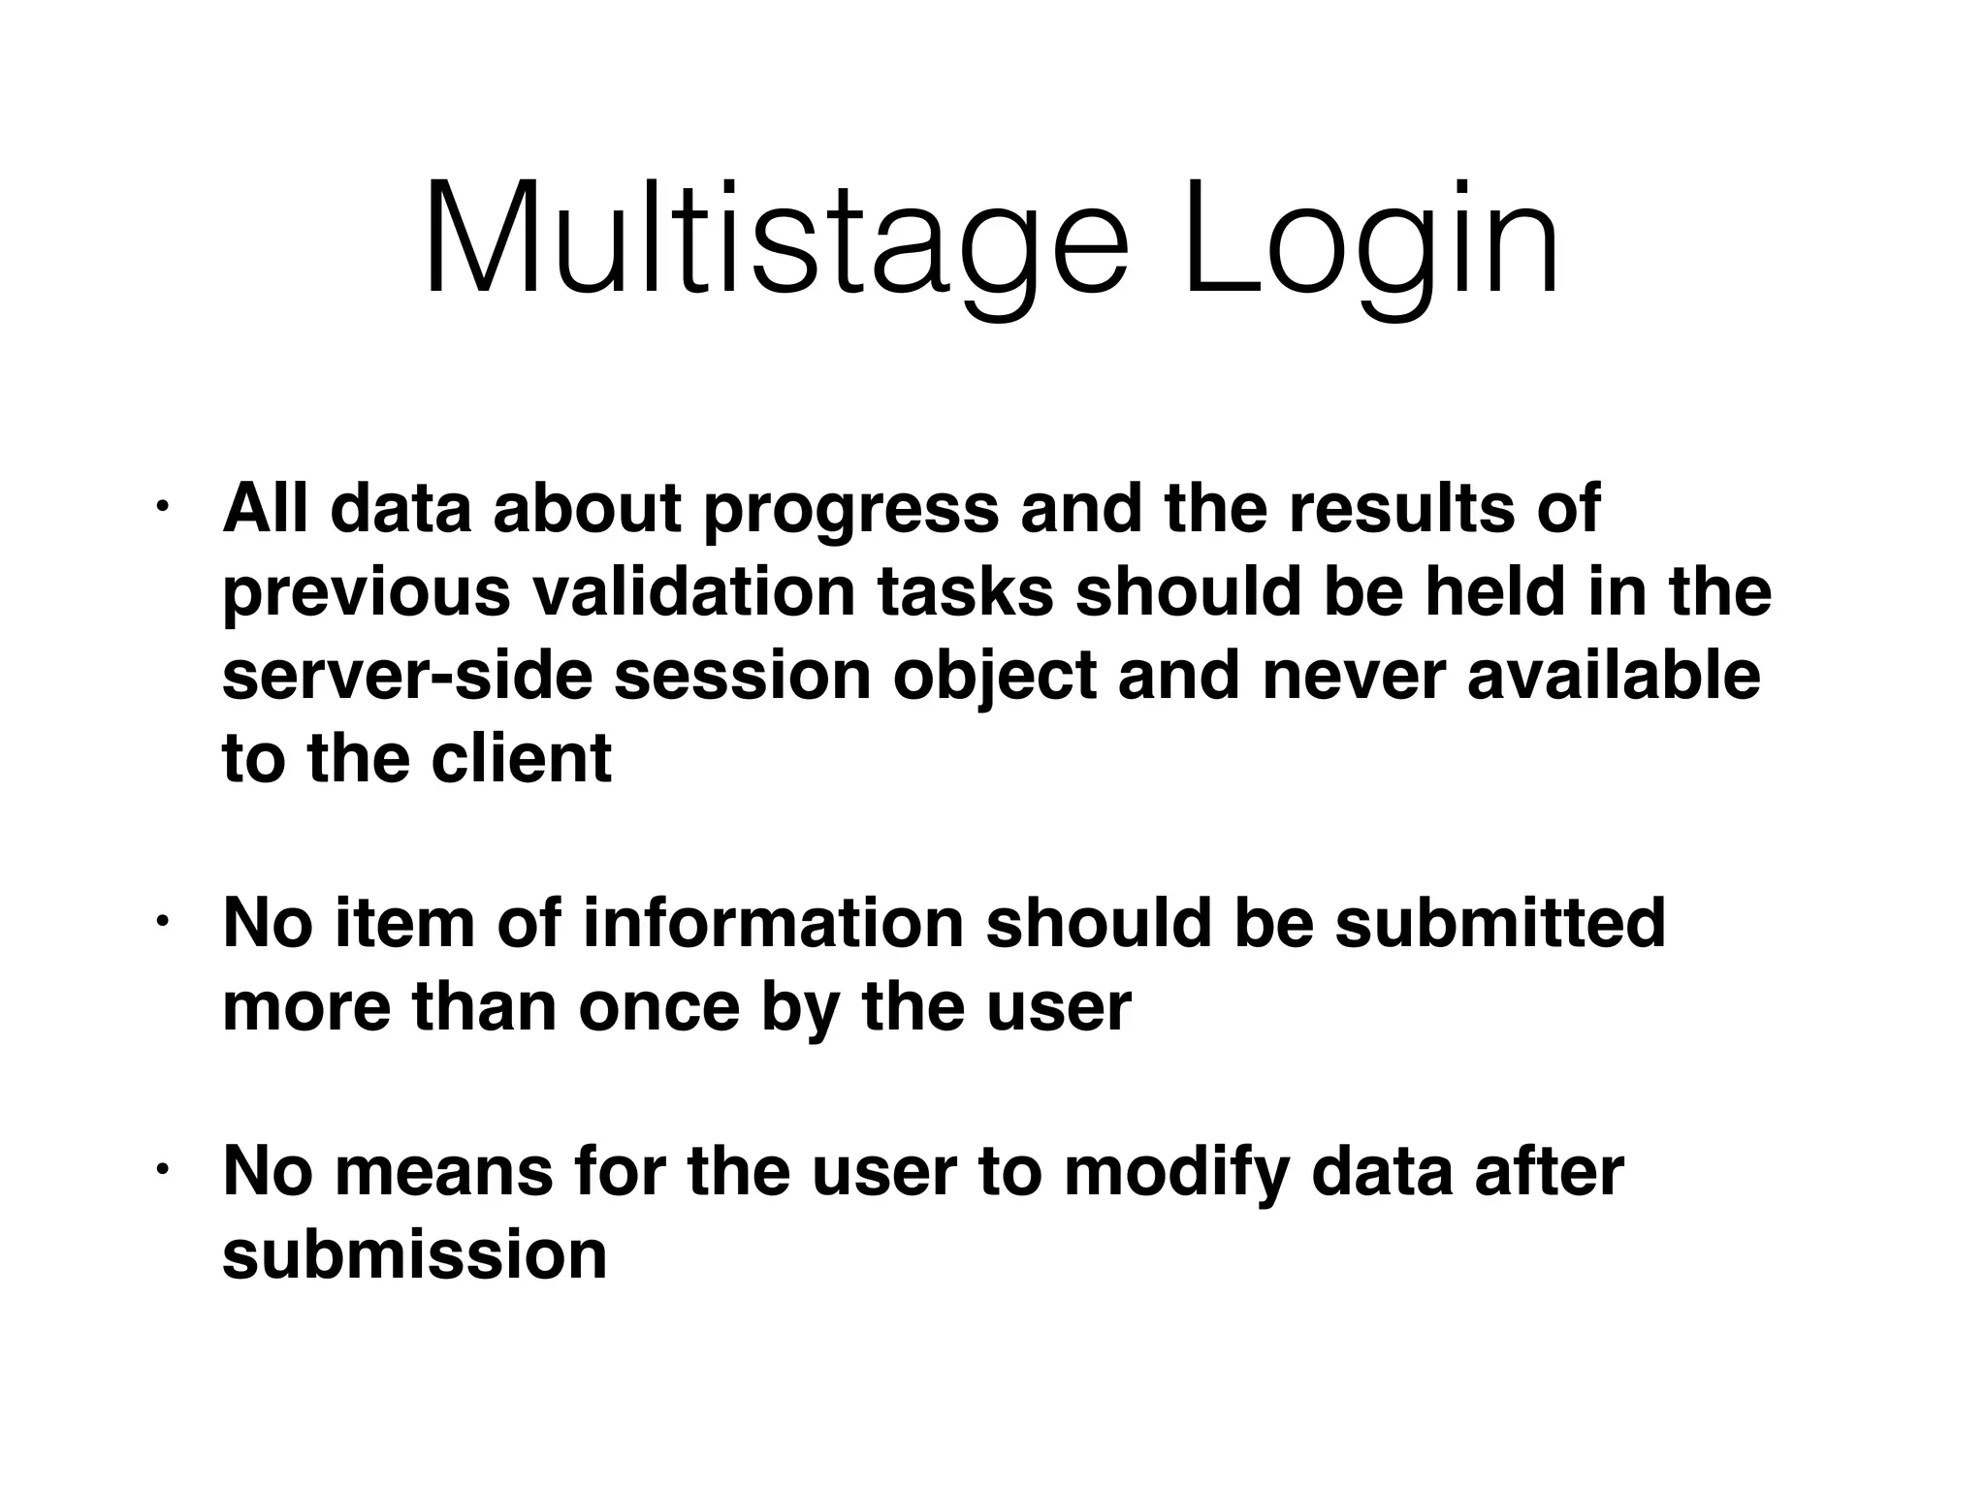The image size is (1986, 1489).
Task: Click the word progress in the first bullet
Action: [x=849, y=511]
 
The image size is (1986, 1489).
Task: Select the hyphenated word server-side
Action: [x=407, y=676]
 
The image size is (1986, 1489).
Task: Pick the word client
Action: [x=521, y=758]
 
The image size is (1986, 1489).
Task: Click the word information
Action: [x=773, y=923]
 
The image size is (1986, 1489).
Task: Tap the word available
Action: [x=1613, y=676]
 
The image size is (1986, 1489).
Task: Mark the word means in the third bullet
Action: [x=444, y=1172]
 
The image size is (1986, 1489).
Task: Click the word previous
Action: [x=366, y=592]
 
